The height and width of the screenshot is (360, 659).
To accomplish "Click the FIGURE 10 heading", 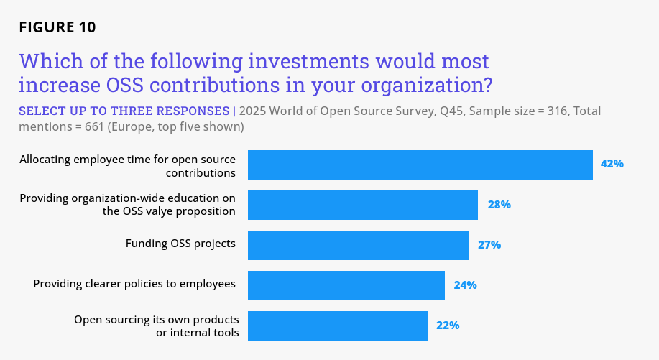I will (57, 27).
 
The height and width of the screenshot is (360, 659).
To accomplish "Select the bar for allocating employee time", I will (420, 165).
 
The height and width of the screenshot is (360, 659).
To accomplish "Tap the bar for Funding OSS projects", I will (358, 245).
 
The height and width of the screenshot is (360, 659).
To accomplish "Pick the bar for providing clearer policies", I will (346, 285).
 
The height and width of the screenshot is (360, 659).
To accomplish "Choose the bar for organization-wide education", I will (362, 205).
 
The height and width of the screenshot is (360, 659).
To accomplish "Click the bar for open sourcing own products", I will (338, 326).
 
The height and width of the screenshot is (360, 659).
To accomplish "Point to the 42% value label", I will (612, 164).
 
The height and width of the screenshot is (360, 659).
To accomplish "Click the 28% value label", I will (499, 205).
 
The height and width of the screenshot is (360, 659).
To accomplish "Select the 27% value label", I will (489, 245).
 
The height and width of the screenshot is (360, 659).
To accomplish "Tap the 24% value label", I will (465, 285).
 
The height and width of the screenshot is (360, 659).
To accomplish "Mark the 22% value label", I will (448, 326).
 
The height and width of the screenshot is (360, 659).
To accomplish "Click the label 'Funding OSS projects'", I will (180, 244).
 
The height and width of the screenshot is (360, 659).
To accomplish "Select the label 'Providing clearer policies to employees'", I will (134, 284).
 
